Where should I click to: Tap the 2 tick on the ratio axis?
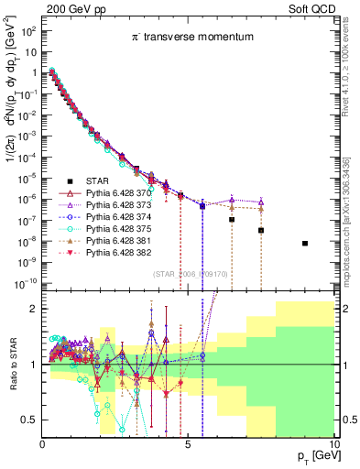[x=35, y=309]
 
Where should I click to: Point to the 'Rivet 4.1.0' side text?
[x=351, y=64]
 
